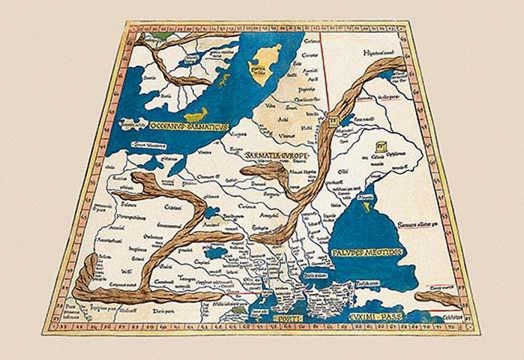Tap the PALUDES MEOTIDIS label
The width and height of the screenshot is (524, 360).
pyautogui.click(x=367, y=252)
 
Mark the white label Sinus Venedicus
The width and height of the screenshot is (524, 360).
pyautogui.click(x=148, y=142)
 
